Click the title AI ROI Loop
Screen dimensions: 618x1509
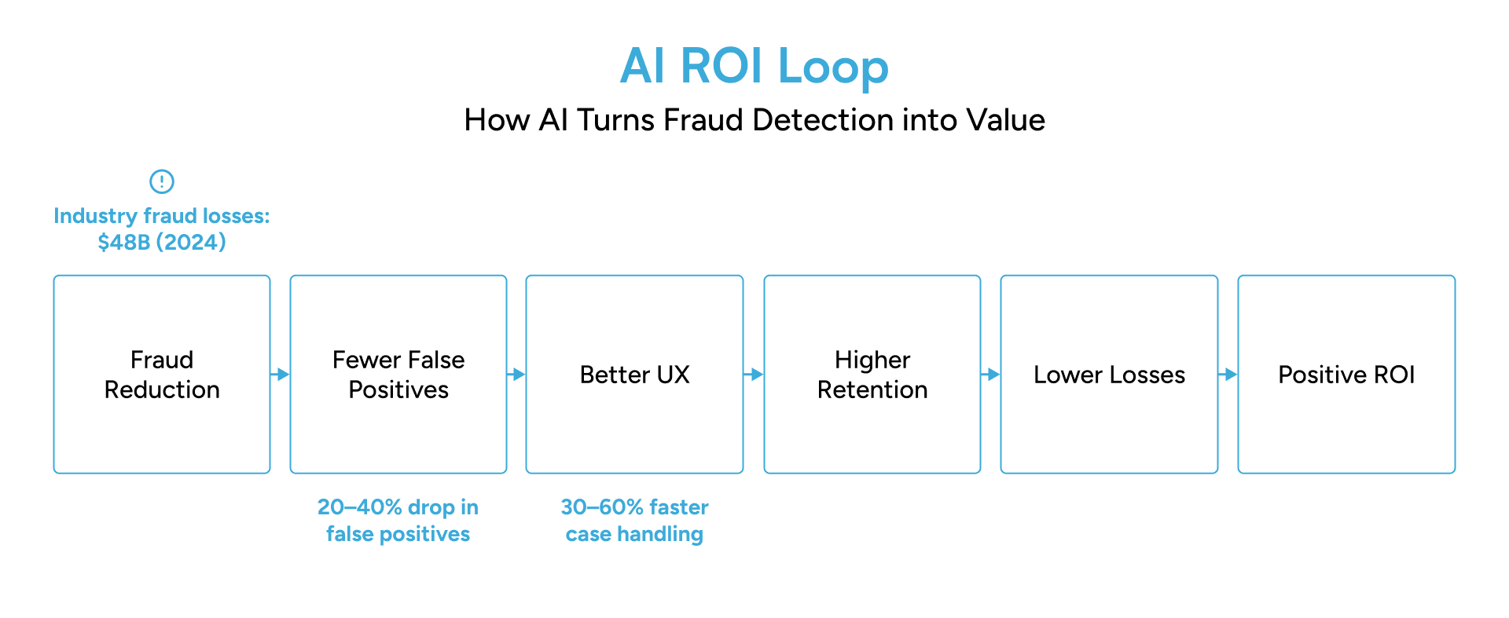pyautogui.click(x=754, y=66)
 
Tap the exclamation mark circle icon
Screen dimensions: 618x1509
pyautogui.click(x=162, y=181)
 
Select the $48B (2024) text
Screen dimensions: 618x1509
pyautogui.click(x=162, y=242)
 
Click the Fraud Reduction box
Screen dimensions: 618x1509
pyautogui.click(x=162, y=375)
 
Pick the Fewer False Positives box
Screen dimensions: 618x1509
pyautogui.click(x=398, y=375)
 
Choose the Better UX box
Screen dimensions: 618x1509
pyautogui.click(x=634, y=375)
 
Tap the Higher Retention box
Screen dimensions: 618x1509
pyautogui.click(x=872, y=375)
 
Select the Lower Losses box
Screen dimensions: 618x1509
pyautogui.click(x=1109, y=375)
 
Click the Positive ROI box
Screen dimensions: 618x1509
pyautogui.click(x=1346, y=375)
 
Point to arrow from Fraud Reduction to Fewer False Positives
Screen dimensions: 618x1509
pyautogui.click(x=281, y=375)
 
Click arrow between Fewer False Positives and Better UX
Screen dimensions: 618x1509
pyautogui.click(x=516, y=375)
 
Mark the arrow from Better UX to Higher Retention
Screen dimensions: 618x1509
pyautogui.click(x=754, y=375)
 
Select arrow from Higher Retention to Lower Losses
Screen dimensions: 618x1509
pyautogui.click(x=990, y=375)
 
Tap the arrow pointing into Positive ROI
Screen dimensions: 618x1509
pyautogui.click(x=1228, y=375)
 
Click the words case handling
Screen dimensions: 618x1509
pyautogui.click(x=634, y=535)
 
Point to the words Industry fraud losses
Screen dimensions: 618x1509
pyautogui.click(x=162, y=216)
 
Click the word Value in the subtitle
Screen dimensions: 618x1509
pyautogui.click(x=1005, y=120)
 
